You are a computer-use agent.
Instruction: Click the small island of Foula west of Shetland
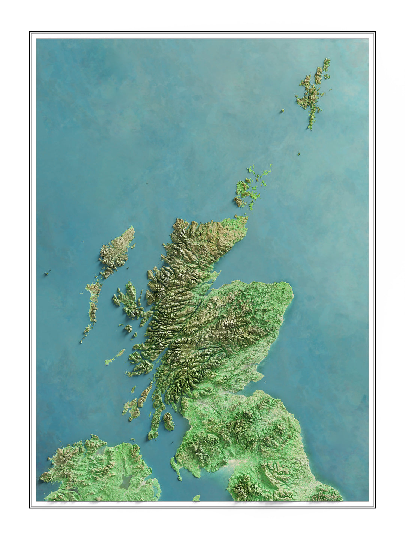coord(283,111)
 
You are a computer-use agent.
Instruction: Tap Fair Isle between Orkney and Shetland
coord(299,154)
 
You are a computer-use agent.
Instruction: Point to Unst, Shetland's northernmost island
coord(327,64)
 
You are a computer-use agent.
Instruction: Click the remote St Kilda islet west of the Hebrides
coord(47,273)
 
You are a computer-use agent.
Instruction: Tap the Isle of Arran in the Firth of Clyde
coord(168,421)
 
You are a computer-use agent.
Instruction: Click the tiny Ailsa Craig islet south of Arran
coord(172,443)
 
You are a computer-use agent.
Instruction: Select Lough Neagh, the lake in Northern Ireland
coord(125,481)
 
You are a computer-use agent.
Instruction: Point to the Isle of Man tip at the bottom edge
coord(196,498)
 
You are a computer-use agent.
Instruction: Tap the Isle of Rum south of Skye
coord(128,328)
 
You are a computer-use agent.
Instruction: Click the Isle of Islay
coord(132,408)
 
